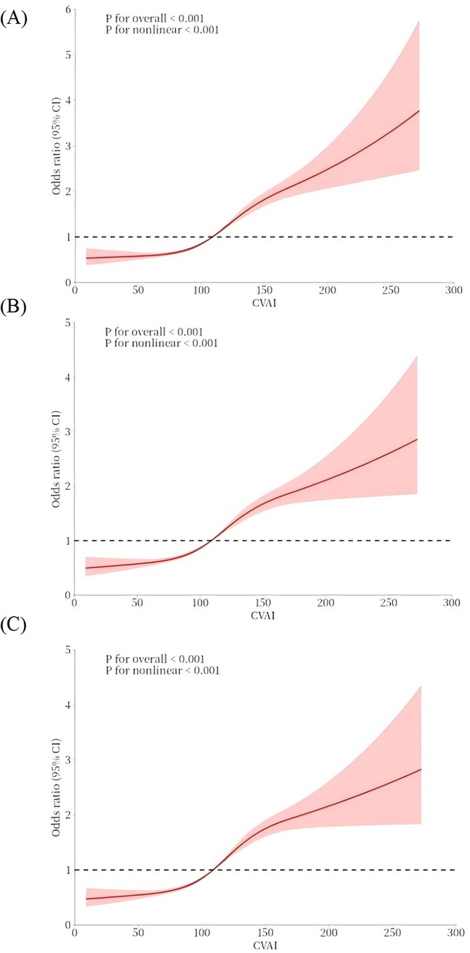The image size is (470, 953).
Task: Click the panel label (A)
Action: point(15,19)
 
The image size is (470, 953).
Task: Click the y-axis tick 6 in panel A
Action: point(68,10)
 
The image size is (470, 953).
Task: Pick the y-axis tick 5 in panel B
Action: point(68,323)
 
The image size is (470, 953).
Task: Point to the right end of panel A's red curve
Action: point(419,111)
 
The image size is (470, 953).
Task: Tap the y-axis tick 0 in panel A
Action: point(68,282)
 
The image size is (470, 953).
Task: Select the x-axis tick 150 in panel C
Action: point(264,933)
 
